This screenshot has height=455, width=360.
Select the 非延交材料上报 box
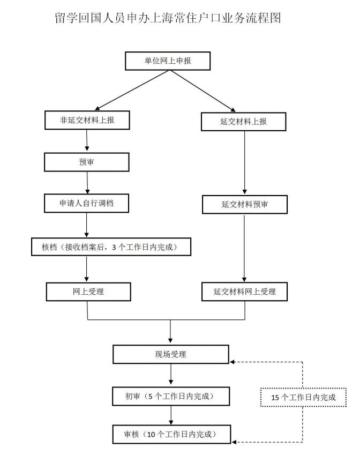[x=87, y=121]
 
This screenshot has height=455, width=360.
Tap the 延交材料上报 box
[x=243, y=122]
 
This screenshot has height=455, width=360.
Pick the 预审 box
[x=87, y=162]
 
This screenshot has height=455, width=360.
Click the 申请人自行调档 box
[x=87, y=203]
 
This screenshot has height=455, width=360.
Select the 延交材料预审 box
[x=245, y=204]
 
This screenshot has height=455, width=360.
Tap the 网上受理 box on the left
[x=88, y=292]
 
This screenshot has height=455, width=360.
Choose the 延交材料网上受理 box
[x=245, y=292]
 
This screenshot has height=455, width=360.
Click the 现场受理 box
[x=170, y=354]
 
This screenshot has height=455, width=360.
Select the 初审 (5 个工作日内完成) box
[x=170, y=397]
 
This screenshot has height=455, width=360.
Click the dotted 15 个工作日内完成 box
[x=303, y=397]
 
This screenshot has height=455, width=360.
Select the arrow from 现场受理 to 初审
[x=171, y=375]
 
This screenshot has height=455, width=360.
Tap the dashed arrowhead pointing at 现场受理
[x=233, y=362]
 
